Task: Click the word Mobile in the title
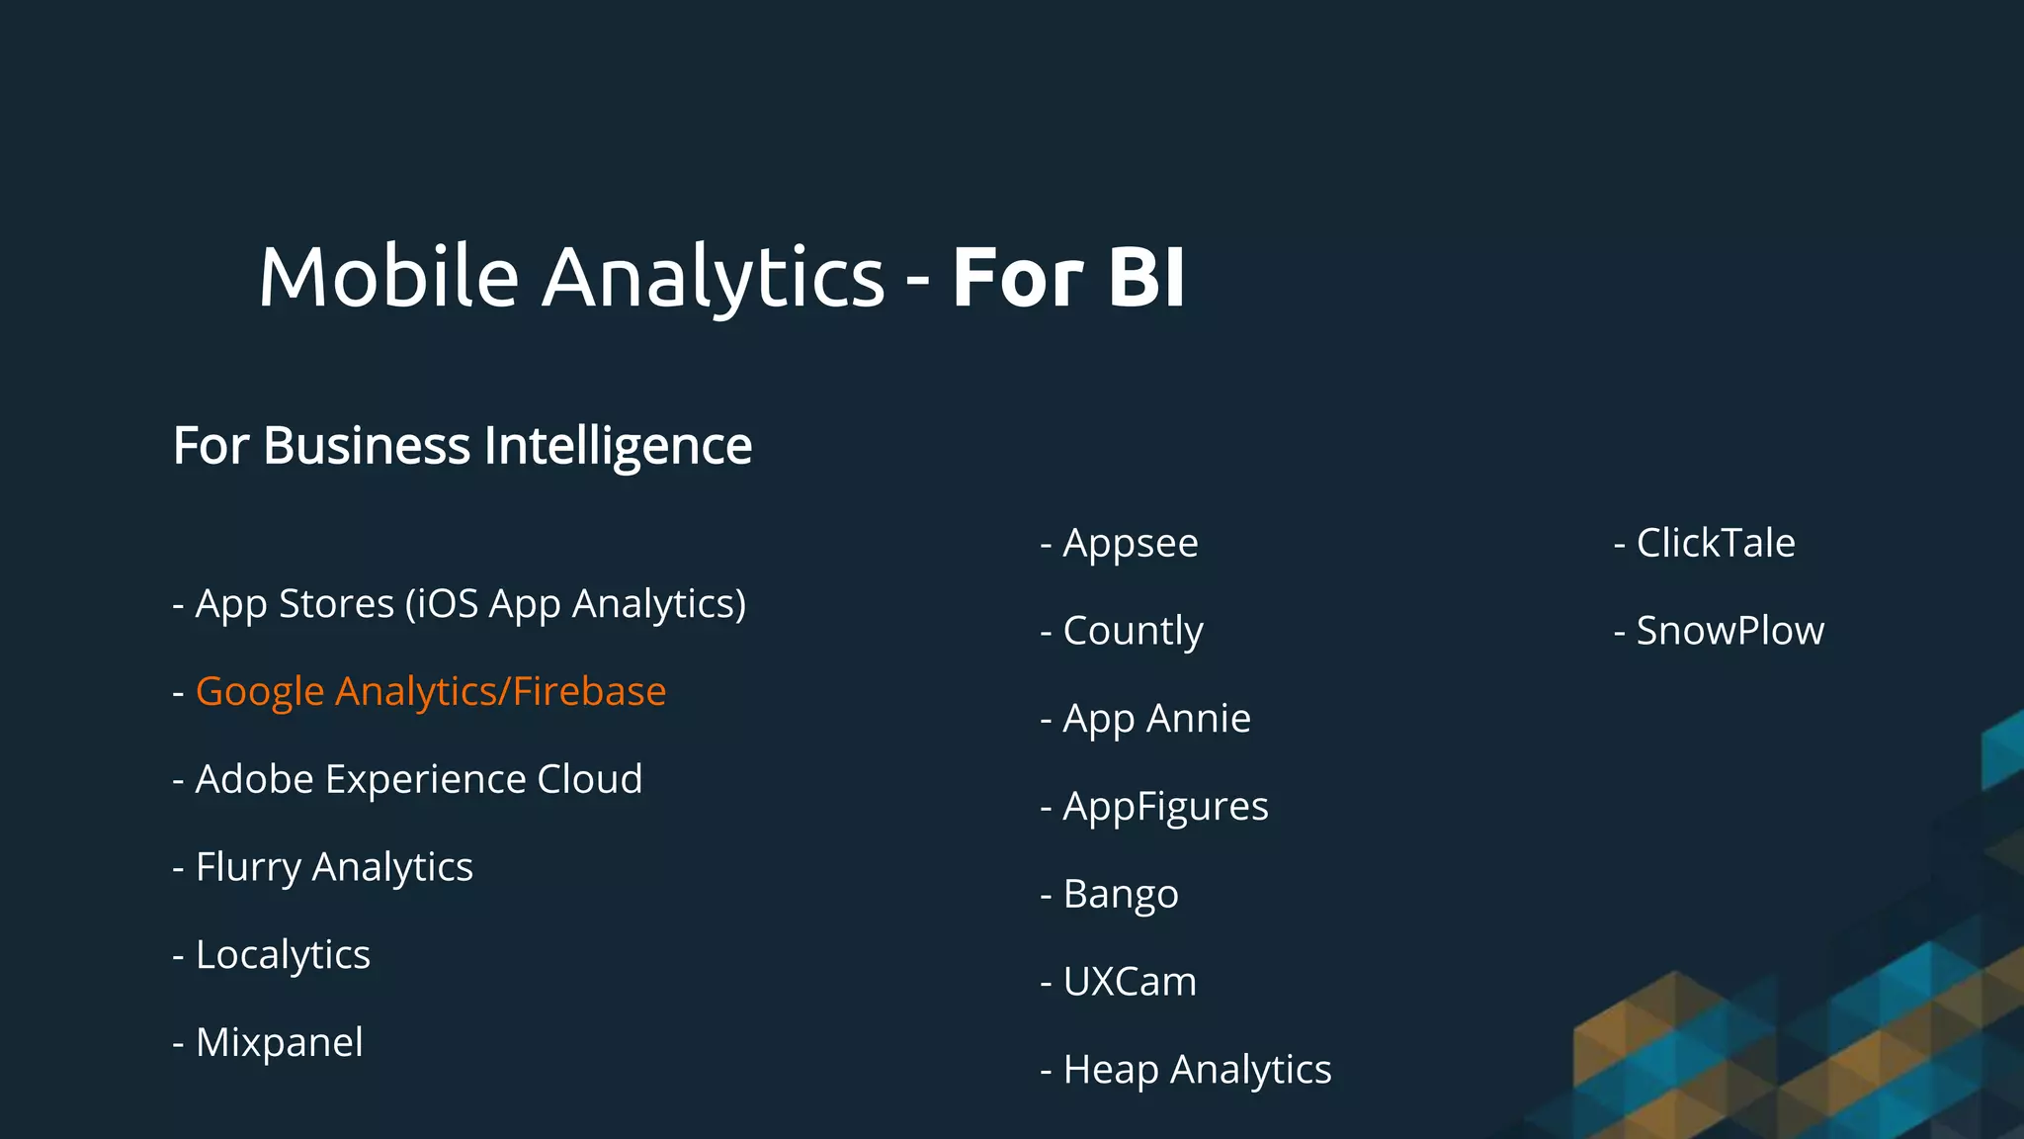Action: coord(388,277)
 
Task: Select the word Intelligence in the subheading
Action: coord(618,446)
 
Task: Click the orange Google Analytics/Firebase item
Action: coord(430,691)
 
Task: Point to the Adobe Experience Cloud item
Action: coord(418,779)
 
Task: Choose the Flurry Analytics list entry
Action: coord(334,867)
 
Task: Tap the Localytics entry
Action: coord(283,955)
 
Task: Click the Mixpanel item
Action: coord(279,1042)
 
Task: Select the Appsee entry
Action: coord(1130,543)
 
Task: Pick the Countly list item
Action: coord(1133,631)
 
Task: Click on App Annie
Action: coord(1156,719)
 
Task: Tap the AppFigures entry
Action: coord(1165,807)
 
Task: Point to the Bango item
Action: coord(1120,895)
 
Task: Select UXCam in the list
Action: coord(1130,982)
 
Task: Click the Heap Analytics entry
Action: coord(1197,1070)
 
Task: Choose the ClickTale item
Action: coord(1715,543)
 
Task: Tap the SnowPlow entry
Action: coord(1729,631)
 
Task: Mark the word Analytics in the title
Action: coord(713,277)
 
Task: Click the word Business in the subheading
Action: coord(367,446)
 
